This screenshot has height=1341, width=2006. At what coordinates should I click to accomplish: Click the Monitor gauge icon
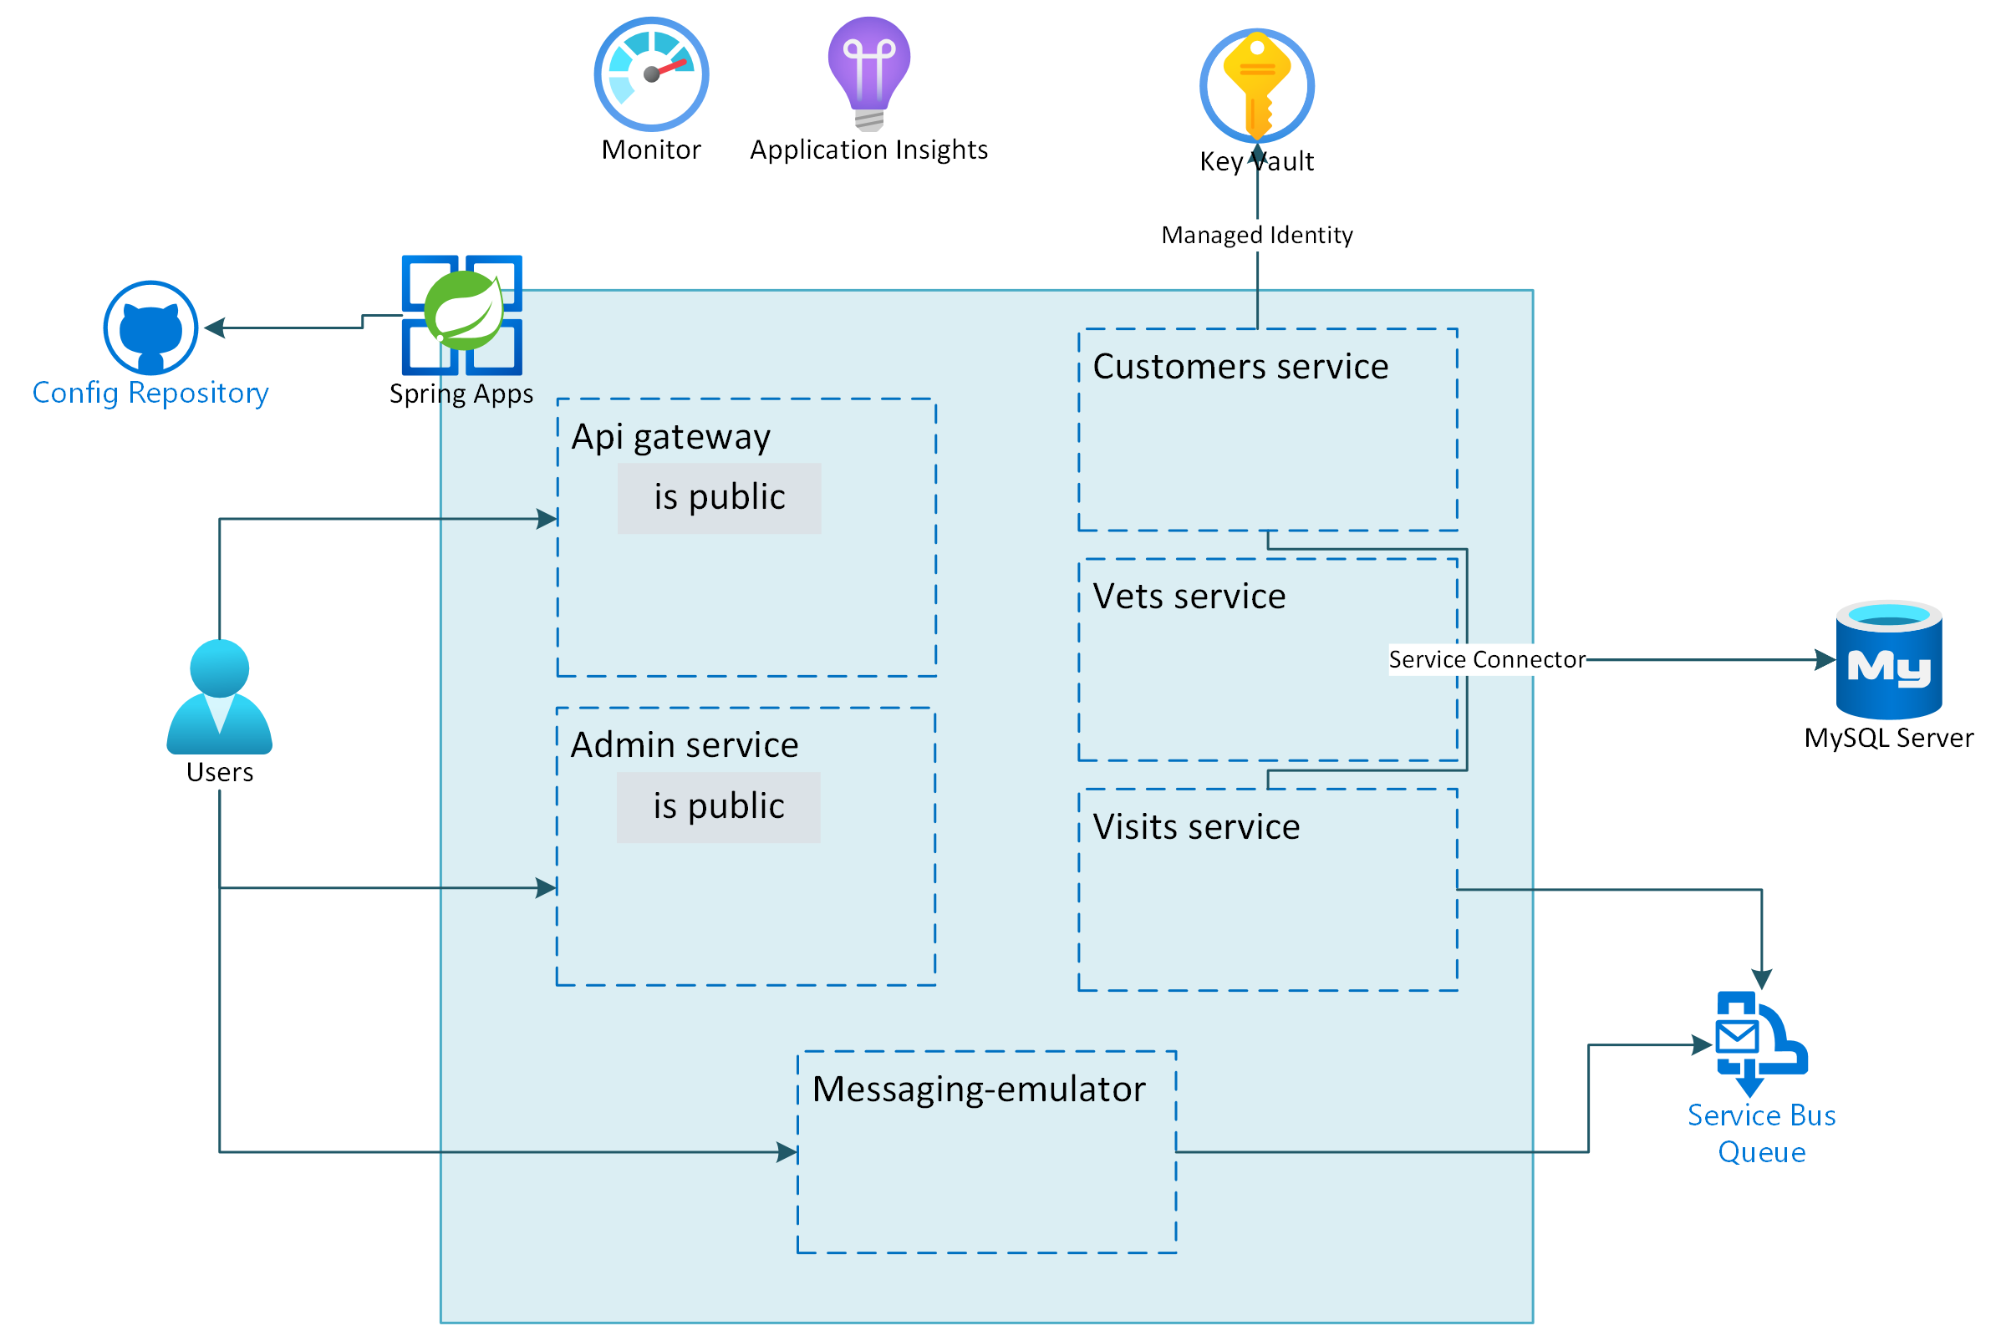[651, 74]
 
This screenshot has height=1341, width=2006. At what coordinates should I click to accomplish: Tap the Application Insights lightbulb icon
[868, 73]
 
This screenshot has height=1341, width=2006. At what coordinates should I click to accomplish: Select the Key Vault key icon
[1255, 84]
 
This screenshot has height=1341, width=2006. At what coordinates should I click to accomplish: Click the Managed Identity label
[1255, 234]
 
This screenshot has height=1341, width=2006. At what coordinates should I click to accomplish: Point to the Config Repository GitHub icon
[150, 328]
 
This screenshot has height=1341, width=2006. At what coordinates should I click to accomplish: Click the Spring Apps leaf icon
[463, 313]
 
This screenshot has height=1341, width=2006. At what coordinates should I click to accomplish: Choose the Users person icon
[219, 697]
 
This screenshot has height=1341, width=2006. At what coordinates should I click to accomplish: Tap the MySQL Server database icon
[1888, 659]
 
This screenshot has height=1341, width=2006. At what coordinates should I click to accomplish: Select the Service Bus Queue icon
[1759, 1043]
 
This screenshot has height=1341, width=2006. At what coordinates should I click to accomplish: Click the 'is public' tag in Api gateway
[719, 498]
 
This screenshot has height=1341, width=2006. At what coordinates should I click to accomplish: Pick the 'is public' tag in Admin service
[718, 806]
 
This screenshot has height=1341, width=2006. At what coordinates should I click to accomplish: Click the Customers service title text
[1240, 366]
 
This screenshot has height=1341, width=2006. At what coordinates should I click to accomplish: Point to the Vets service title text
[1189, 596]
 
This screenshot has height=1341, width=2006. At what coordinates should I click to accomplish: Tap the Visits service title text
[1195, 826]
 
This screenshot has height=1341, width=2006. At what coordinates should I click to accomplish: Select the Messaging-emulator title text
[978, 1089]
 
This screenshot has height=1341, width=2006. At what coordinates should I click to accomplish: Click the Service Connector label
[1486, 659]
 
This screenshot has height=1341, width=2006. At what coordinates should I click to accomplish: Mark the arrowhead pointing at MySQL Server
[1825, 659]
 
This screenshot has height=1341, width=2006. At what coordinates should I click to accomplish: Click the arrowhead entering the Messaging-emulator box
[787, 1152]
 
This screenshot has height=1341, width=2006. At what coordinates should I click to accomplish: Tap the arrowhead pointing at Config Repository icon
[215, 328]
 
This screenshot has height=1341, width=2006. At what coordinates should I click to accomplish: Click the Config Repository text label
[150, 393]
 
